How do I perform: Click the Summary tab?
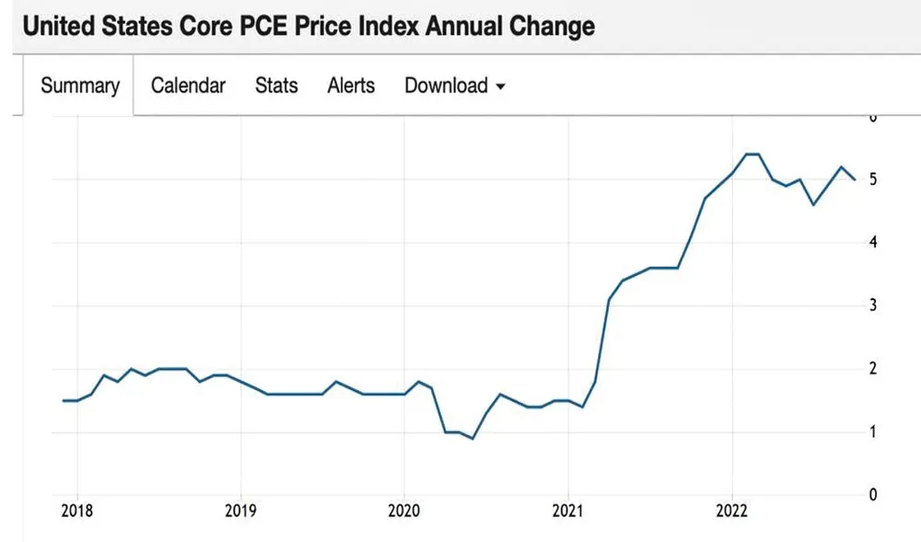pos(80,86)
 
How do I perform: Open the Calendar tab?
pos(188,86)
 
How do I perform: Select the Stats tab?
pos(276,86)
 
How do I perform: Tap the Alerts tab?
pos(351,86)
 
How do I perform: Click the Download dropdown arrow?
pos(501,86)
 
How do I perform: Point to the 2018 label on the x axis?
pos(76,512)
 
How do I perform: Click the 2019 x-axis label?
pos(240,512)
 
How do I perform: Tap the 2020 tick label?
pos(403,512)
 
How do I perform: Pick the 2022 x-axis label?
pos(731,512)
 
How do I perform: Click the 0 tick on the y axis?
pos(872,494)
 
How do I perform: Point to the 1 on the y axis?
pos(872,432)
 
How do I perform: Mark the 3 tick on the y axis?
pos(872,306)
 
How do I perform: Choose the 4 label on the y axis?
pos(872,242)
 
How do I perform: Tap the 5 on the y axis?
pos(872,179)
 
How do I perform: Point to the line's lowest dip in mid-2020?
pos(472,438)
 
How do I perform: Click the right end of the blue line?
pos(854,179)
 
